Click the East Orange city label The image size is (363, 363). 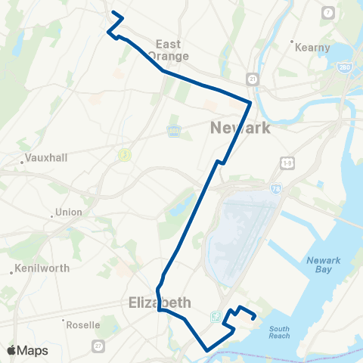coord(163,50)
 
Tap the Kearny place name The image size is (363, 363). coord(313,48)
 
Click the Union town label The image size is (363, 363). coord(68,213)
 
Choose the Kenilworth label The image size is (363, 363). coord(42,268)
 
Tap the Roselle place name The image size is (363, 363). coord(84,325)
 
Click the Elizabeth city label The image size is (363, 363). coord(159,302)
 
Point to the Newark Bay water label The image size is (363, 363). coord(324,266)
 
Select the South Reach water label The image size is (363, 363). coord(279,331)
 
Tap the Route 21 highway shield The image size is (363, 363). coord(252,78)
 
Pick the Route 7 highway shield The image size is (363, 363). coord(327,13)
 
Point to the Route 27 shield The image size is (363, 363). coord(98,346)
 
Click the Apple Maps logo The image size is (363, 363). coord(28,351)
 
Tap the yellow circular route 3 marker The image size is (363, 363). coord(123,154)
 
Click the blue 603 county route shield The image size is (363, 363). coord(172,131)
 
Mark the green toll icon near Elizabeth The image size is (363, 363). coord(217,316)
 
